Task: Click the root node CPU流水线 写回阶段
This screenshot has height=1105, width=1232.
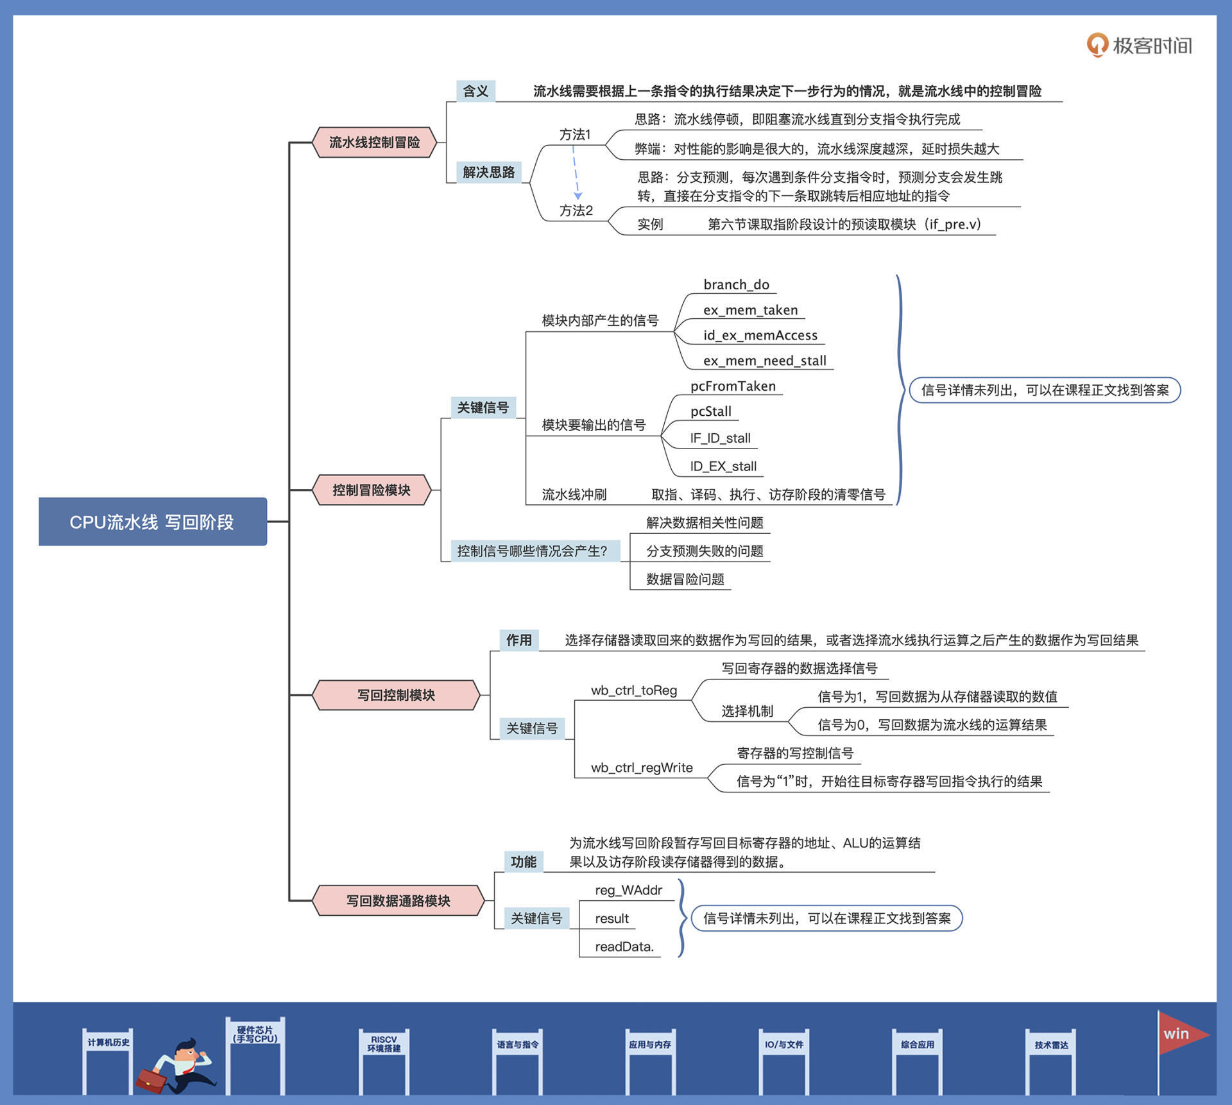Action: point(153,522)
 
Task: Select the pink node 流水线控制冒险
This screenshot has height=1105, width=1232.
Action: point(374,142)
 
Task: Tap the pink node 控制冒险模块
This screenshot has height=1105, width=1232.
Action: point(371,490)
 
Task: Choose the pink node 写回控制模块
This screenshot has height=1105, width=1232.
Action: point(396,695)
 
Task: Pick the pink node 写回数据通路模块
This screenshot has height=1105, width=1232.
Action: point(398,900)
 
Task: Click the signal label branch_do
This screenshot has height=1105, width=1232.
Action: point(736,285)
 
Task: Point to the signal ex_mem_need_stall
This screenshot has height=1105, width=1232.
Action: point(764,361)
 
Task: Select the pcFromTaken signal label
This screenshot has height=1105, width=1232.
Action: point(733,386)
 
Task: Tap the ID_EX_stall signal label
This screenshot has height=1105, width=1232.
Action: point(723,467)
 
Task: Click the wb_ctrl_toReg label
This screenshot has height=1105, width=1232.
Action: point(634,690)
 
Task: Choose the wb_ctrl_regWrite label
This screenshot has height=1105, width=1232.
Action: point(642,767)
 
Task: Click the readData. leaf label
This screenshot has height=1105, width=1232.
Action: point(624,947)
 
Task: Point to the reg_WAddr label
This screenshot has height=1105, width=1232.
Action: point(628,890)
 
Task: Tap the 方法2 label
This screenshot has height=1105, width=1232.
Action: point(576,210)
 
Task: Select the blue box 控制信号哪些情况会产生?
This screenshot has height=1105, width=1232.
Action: point(532,551)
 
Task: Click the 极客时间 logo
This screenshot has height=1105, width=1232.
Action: point(1140,46)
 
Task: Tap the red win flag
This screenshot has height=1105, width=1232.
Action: point(1181,1034)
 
